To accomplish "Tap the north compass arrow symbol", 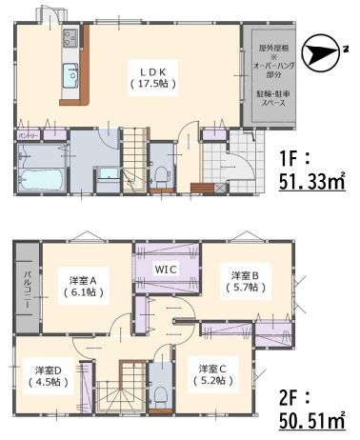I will click(328, 51).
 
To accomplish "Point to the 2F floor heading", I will click(294, 393).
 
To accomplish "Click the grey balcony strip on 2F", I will click(27, 285).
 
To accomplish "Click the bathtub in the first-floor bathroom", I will click(40, 178).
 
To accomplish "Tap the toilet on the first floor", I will click(163, 175).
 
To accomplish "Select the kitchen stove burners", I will click(70, 39).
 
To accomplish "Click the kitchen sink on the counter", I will click(70, 76).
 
